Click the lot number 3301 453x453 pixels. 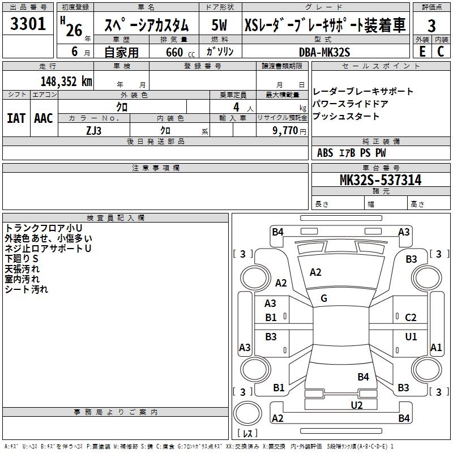pyautogui.click(x=28, y=24)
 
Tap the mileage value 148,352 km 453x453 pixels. pyautogui.click(x=66, y=81)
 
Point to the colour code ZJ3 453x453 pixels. pyautogui.click(x=94, y=130)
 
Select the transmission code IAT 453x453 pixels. pyautogui.click(x=16, y=118)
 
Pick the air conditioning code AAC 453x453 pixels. pyautogui.click(x=44, y=118)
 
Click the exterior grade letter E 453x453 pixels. pyautogui.click(x=422, y=52)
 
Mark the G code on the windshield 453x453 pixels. pyautogui.click(x=324, y=298)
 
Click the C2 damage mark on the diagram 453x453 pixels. pyautogui.click(x=411, y=318)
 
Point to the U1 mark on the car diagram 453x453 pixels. pyautogui.click(x=411, y=336)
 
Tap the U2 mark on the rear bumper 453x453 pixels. pyautogui.click(x=356, y=404)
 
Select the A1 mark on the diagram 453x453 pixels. pyautogui.click(x=436, y=348)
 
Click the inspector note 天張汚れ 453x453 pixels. pyautogui.click(x=22, y=268)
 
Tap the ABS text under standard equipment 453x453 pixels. pyautogui.click(x=325, y=153)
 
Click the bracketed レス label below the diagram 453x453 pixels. pyautogui.click(x=247, y=434)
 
